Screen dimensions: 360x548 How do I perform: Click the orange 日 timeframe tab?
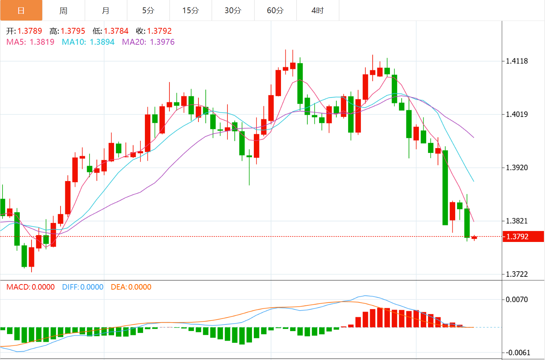21,10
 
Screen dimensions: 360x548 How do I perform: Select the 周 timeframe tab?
63,10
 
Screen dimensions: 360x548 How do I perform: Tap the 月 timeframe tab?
106,10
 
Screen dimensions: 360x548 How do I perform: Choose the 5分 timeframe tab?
148,10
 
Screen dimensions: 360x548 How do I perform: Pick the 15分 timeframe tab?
190,10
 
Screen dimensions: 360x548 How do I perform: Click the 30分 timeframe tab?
233,10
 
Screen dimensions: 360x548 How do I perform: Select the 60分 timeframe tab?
275,10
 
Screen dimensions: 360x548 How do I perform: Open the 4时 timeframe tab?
318,10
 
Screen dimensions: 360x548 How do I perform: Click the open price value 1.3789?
30,31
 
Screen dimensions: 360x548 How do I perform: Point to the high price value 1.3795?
73,31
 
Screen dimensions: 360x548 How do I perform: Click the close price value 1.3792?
159,31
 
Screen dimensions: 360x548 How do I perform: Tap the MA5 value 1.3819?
42,42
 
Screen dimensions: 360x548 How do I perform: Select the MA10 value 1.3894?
102,42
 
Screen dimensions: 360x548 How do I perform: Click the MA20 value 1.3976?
162,42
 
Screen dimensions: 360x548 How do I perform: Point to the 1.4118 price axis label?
517,61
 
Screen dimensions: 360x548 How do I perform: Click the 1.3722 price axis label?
517,274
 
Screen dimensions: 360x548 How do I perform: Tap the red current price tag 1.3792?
523,236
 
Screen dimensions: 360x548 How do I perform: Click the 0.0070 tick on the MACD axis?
517,300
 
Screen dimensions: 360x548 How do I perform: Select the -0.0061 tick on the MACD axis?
518,353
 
